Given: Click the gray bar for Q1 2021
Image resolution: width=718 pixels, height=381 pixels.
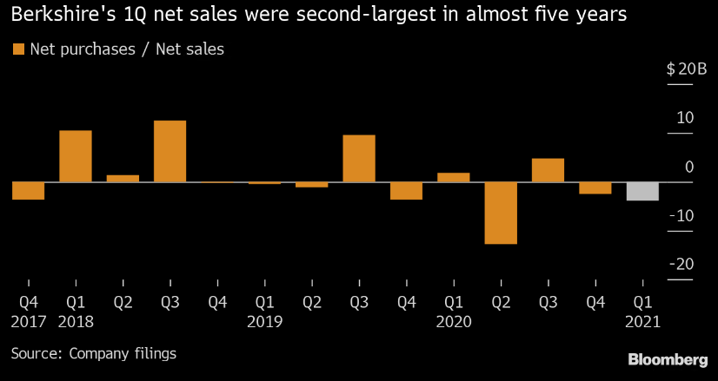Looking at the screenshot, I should [x=643, y=191].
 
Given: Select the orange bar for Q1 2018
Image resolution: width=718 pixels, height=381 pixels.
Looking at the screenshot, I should [x=76, y=156].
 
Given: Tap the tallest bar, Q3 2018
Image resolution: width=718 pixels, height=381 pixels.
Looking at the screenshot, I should [x=170, y=151].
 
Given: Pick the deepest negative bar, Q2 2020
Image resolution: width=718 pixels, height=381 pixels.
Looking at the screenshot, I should [x=501, y=213].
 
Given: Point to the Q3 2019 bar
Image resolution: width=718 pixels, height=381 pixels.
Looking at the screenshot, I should [x=359, y=159].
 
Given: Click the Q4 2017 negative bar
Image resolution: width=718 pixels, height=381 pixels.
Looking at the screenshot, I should [x=28, y=191].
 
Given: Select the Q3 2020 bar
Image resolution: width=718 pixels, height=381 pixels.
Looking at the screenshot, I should [x=548, y=170].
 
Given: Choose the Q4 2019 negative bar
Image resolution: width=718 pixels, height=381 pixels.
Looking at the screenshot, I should [x=406, y=191].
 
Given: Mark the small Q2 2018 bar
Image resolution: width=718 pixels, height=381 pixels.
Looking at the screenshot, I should [x=123, y=179].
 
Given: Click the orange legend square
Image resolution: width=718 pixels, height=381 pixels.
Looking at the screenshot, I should [x=18, y=49].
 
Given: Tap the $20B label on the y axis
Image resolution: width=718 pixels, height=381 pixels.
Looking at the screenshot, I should [x=681, y=69].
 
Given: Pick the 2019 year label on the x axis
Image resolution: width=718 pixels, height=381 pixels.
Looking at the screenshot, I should [x=264, y=321].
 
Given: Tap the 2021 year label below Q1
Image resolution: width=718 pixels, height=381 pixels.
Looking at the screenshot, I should [x=643, y=321].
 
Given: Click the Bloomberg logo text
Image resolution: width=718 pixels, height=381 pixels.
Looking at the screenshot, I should [x=668, y=359].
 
